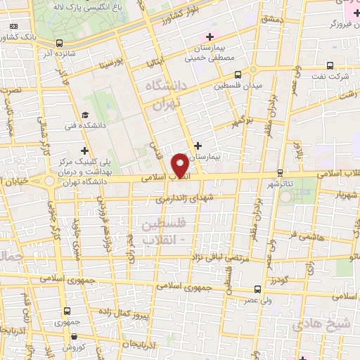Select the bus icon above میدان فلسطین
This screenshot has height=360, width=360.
pyautogui.click(x=238, y=74)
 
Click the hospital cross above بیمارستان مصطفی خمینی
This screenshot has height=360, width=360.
pyautogui.click(x=208, y=37)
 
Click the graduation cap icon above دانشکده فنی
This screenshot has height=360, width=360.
pyautogui.click(x=84, y=115)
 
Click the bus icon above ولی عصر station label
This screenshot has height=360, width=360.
pyautogui.click(x=257, y=289)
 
